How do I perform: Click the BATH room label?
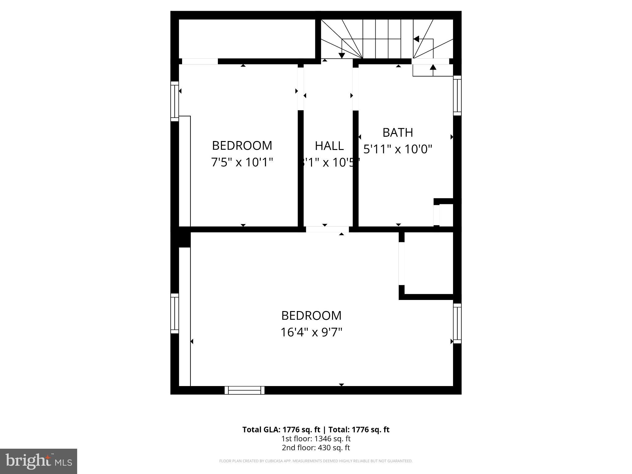tap(397, 132)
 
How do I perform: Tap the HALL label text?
tap(329, 146)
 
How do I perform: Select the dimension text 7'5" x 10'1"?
tap(242, 162)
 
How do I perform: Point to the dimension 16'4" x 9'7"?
tap(311, 332)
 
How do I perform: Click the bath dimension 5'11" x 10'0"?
tap(397, 149)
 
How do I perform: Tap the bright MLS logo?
tap(39, 461)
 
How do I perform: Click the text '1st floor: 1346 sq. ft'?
tap(316, 439)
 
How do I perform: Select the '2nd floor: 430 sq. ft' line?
tap(316, 448)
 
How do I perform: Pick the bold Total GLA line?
tap(316, 430)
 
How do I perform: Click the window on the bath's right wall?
tap(457, 95)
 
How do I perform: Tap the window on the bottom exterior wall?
tap(244, 390)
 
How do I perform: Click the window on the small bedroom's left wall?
tap(175, 101)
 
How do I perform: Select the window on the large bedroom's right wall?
tap(457, 323)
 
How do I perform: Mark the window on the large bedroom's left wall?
tap(175, 313)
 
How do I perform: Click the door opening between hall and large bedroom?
tap(327, 229)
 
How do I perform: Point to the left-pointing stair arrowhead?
tap(416, 39)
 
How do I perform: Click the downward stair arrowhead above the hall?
tap(342, 56)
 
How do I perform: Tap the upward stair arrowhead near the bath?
tap(433, 67)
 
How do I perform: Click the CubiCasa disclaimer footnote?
tap(316, 461)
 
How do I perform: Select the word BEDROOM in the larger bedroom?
tap(311, 316)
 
